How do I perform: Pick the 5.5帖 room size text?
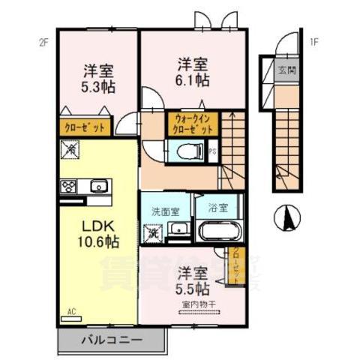click(193, 286)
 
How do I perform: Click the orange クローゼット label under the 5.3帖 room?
click(83, 127)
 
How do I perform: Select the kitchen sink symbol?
click(97, 187)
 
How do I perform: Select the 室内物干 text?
click(196, 304)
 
